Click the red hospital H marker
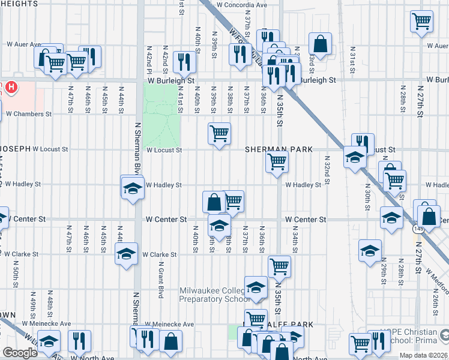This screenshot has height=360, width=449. (11, 88)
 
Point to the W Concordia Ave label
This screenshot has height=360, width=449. (242, 5)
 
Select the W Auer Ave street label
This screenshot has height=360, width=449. (23, 44)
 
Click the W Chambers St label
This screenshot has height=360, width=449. (29, 113)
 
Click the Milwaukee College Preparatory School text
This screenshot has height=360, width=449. (215, 295)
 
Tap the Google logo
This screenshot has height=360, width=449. (20, 353)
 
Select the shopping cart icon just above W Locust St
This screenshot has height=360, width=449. (219, 133)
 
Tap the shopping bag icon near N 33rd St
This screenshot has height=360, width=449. (321, 43)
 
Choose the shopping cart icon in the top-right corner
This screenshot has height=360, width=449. (422, 21)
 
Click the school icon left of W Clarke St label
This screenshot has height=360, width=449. (126, 253)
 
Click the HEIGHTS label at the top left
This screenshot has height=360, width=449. (19, 4)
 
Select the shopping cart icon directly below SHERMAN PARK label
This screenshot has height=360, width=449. (277, 161)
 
